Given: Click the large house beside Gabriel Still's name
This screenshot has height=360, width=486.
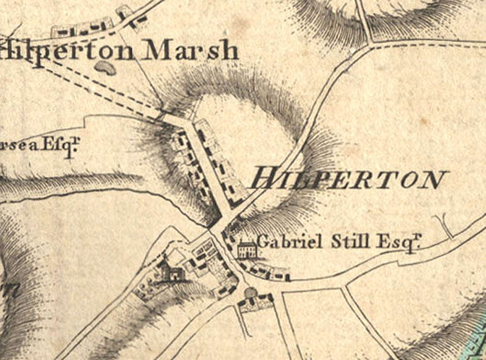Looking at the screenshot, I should pos(246,249).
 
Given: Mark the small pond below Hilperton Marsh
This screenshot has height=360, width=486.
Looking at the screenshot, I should pos(105,67).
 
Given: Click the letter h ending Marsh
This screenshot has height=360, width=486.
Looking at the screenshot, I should pos(228,50).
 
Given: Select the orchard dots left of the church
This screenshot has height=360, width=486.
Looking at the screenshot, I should pos(146,286).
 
